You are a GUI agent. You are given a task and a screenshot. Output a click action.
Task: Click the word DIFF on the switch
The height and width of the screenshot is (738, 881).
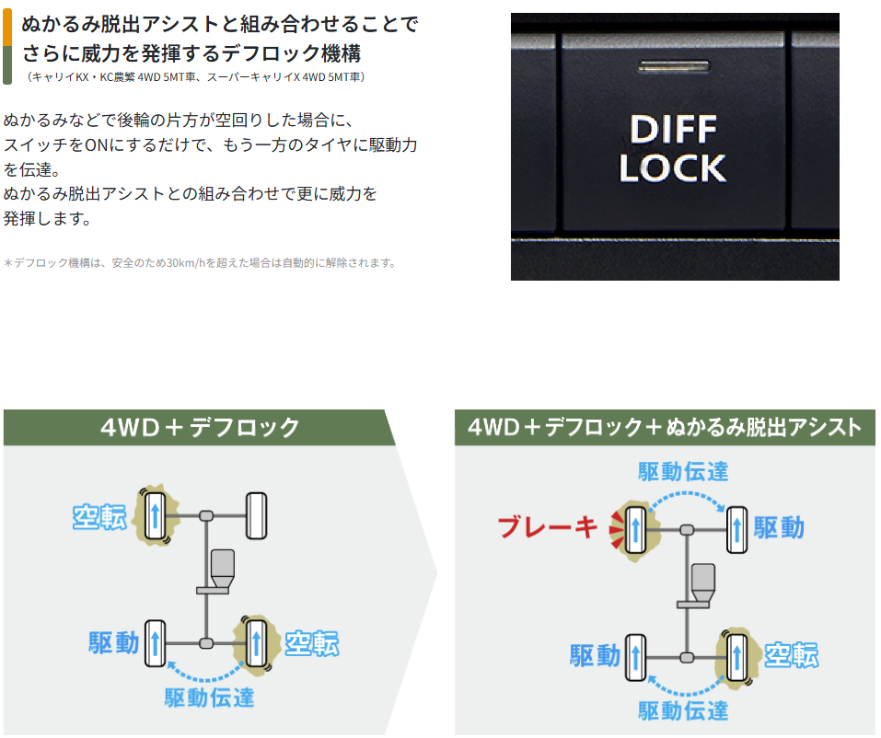(673, 128)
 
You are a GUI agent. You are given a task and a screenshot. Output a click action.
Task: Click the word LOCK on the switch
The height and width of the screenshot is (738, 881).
(673, 167)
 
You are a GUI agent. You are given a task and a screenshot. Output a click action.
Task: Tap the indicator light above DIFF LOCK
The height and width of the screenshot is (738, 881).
(673, 66)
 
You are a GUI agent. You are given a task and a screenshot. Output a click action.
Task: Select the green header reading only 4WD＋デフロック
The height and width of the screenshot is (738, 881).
(199, 427)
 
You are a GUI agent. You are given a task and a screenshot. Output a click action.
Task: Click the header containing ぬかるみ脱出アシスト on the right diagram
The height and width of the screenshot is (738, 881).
(664, 427)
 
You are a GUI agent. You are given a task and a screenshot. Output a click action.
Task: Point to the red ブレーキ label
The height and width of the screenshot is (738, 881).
(547, 526)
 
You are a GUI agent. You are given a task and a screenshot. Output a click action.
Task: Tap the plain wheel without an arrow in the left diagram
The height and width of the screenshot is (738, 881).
(255, 515)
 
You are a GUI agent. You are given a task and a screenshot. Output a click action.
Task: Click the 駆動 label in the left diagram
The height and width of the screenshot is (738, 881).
(114, 641)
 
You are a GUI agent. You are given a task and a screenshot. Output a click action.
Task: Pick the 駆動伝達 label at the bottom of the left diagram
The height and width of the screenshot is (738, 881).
(209, 697)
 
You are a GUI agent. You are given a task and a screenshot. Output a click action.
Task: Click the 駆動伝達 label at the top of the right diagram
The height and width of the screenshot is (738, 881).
(683, 471)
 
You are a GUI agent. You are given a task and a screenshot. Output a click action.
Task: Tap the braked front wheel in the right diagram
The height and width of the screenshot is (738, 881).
(634, 528)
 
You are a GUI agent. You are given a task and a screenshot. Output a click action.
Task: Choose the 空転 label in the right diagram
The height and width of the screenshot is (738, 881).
(791, 654)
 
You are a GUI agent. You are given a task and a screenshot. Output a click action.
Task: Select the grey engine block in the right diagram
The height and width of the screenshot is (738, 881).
(703, 580)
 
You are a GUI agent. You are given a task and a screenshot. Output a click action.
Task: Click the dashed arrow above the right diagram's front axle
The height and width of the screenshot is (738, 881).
(686, 497)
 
